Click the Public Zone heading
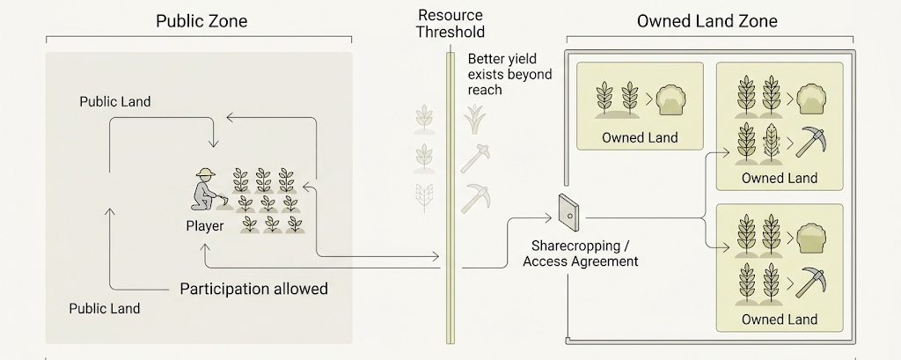(x=201, y=21)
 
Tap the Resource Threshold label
(x=451, y=24)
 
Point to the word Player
(x=204, y=226)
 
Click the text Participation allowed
(x=253, y=289)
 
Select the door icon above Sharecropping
(x=568, y=210)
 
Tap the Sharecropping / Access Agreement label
(x=580, y=253)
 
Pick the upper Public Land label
(x=115, y=102)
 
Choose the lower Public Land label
(x=105, y=309)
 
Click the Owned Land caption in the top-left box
(x=640, y=137)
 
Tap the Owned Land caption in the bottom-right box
(x=780, y=319)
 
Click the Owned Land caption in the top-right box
(x=780, y=178)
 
